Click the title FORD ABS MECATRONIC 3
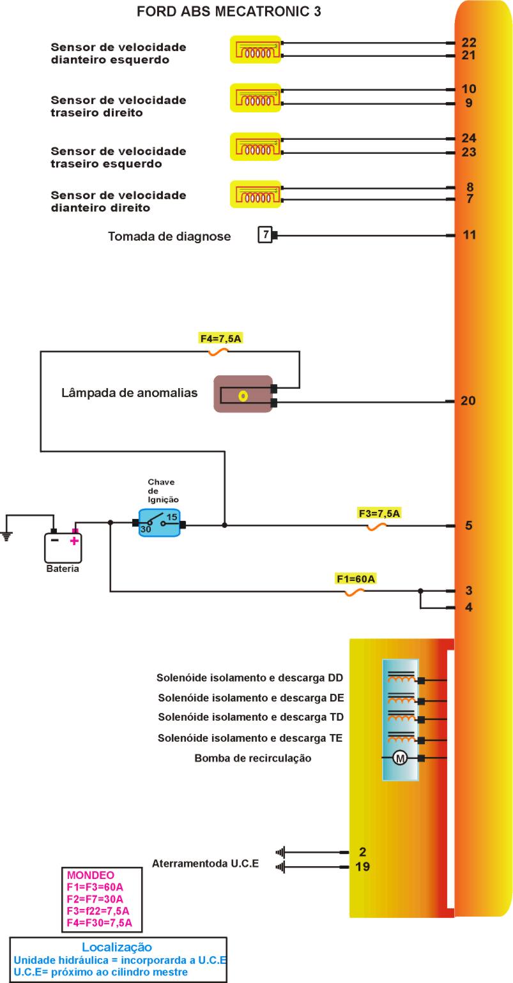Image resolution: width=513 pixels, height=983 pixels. click(x=229, y=11)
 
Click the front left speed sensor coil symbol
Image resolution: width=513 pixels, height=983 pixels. click(x=256, y=49)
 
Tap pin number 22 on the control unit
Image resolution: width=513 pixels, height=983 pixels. click(x=469, y=43)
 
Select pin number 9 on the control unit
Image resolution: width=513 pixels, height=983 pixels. click(x=469, y=103)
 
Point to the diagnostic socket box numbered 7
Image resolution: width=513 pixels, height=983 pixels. click(x=264, y=235)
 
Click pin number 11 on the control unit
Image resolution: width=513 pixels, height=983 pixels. click(x=469, y=235)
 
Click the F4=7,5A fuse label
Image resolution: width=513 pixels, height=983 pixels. click(x=220, y=338)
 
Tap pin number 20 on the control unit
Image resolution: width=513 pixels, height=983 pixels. click(x=468, y=401)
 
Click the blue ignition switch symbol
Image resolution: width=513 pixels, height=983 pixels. click(x=159, y=523)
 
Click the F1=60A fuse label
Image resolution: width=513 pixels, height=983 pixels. click(x=356, y=579)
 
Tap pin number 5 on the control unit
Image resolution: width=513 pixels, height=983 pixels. click(x=469, y=526)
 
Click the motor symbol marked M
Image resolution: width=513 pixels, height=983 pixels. click(x=400, y=758)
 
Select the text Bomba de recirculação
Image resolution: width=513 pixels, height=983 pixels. click(x=252, y=758)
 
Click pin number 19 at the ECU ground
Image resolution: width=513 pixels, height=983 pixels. click(x=362, y=867)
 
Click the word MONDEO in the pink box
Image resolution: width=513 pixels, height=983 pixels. click(x=91, y=875)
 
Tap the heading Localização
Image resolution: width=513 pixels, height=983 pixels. click(x=117, y=947)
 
